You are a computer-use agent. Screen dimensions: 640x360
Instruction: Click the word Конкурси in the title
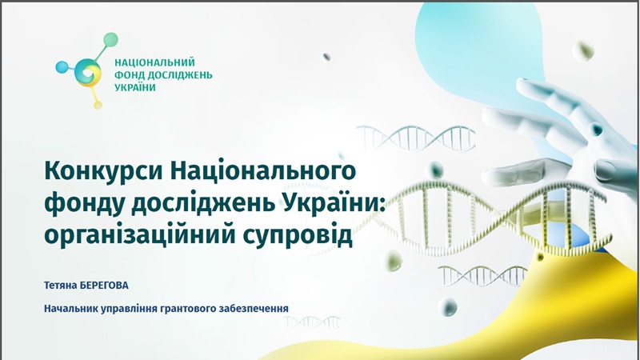tap(103, 170)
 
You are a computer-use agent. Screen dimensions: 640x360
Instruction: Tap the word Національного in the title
tap(263, 172)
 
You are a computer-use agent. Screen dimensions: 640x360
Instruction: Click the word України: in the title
tap(333, 202)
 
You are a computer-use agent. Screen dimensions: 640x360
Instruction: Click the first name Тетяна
tap(61, 286)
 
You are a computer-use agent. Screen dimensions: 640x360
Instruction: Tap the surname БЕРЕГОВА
tap(104, 286)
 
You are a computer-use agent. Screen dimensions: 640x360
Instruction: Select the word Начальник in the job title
tap(68, 309)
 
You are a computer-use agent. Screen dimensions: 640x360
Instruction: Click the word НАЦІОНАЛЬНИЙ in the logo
tap(154, 62)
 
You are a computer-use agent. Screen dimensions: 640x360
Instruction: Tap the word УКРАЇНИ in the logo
tap(135, 87)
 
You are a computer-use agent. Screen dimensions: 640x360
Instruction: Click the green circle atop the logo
tap(110, 39)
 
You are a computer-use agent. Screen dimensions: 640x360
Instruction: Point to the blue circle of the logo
tap(62, 67)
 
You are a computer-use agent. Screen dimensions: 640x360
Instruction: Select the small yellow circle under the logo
tap(98, 106)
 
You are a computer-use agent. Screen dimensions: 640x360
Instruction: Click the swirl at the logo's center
tap(88, 73)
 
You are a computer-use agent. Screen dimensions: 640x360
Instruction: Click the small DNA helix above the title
tap(416, 138)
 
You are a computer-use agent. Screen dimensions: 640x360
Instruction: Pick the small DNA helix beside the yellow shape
tap(482, 275)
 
